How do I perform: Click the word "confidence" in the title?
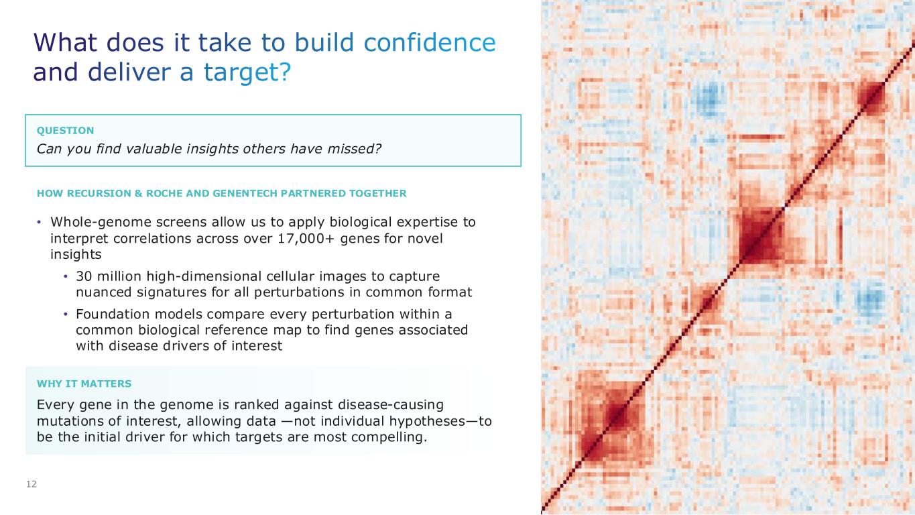pos(429,42)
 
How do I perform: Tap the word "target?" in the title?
pos(247,72)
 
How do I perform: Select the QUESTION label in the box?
pos(66,130)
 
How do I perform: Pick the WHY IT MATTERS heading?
pos(84,384)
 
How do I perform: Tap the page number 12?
pos(32,484)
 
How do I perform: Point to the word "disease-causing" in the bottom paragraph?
pos(391,405)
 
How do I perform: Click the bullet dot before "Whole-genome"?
pos(39,223)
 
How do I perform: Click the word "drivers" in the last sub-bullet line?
pos(186,346)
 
